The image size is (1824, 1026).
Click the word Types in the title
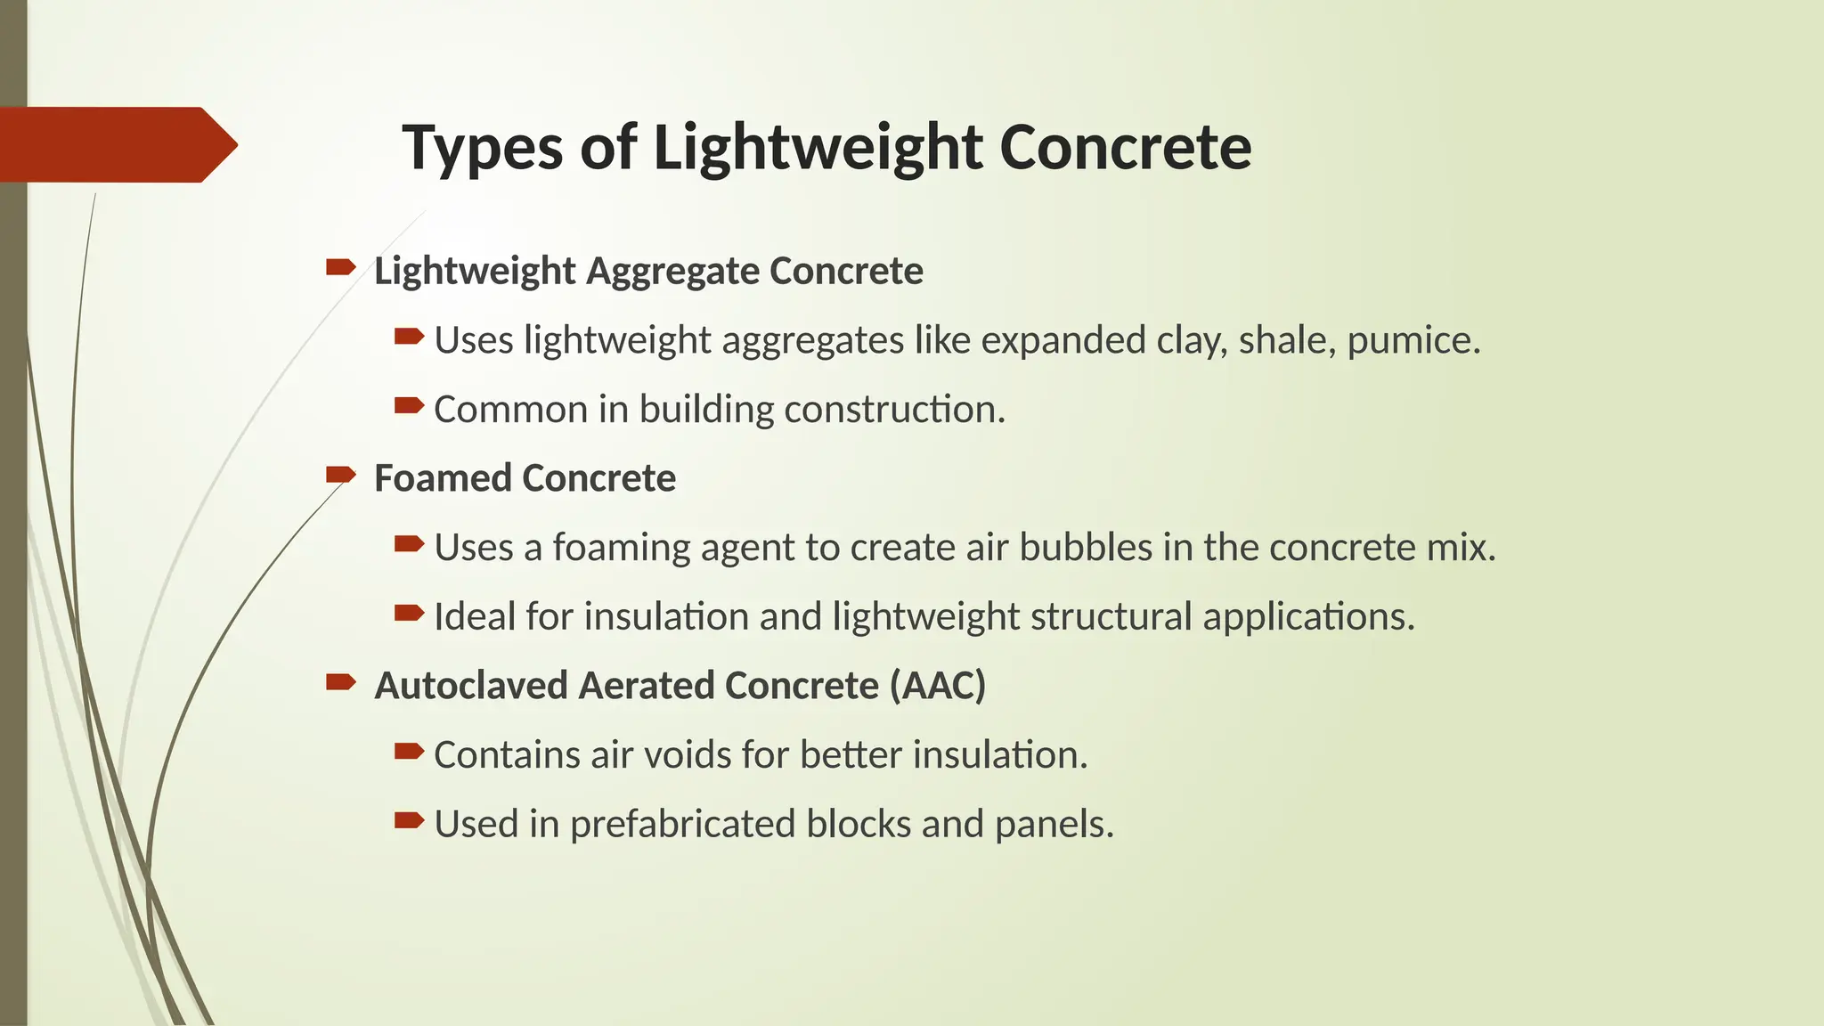[481, 148]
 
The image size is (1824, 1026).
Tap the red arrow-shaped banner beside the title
[116, 144]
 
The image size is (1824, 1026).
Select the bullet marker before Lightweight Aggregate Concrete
[340, 267]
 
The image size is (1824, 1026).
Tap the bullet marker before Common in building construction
[409, 406]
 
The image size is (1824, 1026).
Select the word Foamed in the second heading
[443, 478]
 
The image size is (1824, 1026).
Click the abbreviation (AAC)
[937, 686]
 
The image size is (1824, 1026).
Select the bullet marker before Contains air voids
[409, 752]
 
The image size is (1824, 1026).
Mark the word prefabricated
[682, 825]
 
